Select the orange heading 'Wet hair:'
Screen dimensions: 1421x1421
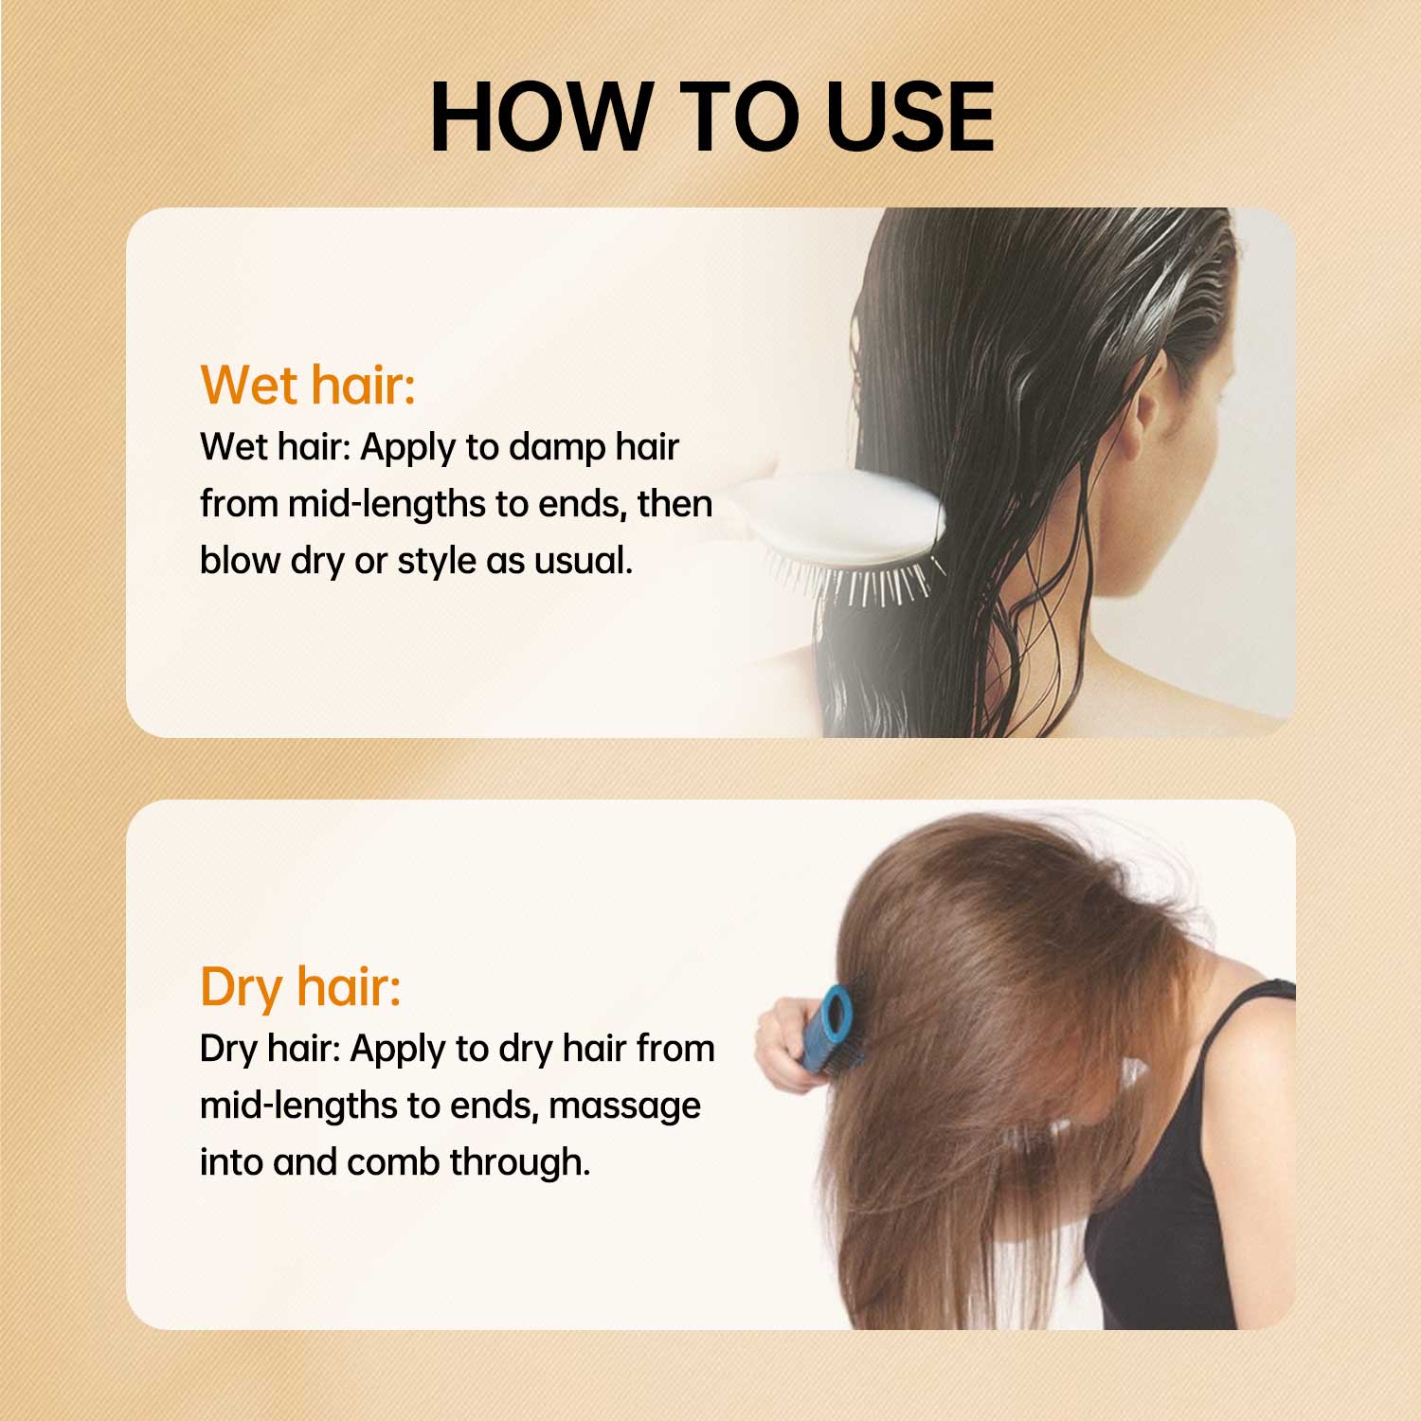[308, 385]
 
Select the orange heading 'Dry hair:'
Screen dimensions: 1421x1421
[300, 986]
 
